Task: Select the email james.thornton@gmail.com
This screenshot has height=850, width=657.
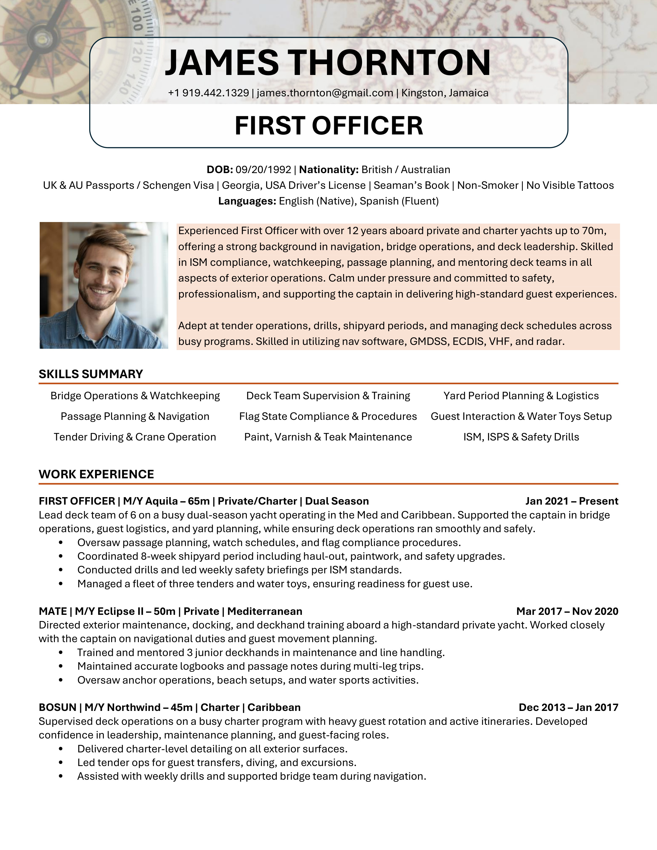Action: point(325,93)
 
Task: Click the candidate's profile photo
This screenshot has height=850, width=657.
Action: point(104,285)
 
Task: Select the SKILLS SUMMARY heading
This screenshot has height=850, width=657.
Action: point(91,374)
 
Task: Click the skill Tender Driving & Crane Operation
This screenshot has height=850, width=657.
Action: point(135,437)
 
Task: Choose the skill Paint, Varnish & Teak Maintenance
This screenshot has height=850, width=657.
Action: point(328,437)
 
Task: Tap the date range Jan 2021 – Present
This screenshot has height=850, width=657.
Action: point(571,501)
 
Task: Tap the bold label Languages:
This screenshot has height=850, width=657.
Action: point(247,201)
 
